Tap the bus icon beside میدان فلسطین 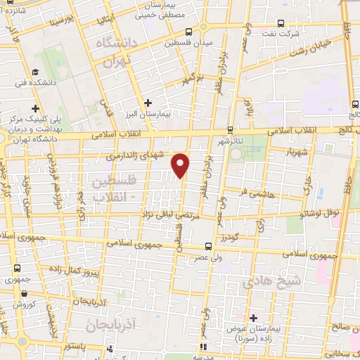pyautogui.click(x=188, y=32)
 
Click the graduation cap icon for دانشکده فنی pyautogui.click(x=34, y=72)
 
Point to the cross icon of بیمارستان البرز pyautogui.click(x=147, y=103)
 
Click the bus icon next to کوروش pyautogui.click(x=16, y=305)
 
